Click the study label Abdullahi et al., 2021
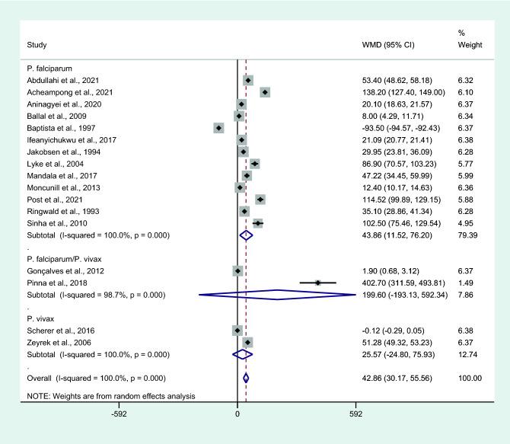point(62,80)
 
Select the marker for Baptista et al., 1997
point(218,128)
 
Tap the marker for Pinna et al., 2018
point(317,283)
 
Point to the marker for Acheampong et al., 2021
point(265,92)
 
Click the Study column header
point(37,49)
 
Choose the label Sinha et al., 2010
point(57,222)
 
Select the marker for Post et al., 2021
point(260,199)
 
